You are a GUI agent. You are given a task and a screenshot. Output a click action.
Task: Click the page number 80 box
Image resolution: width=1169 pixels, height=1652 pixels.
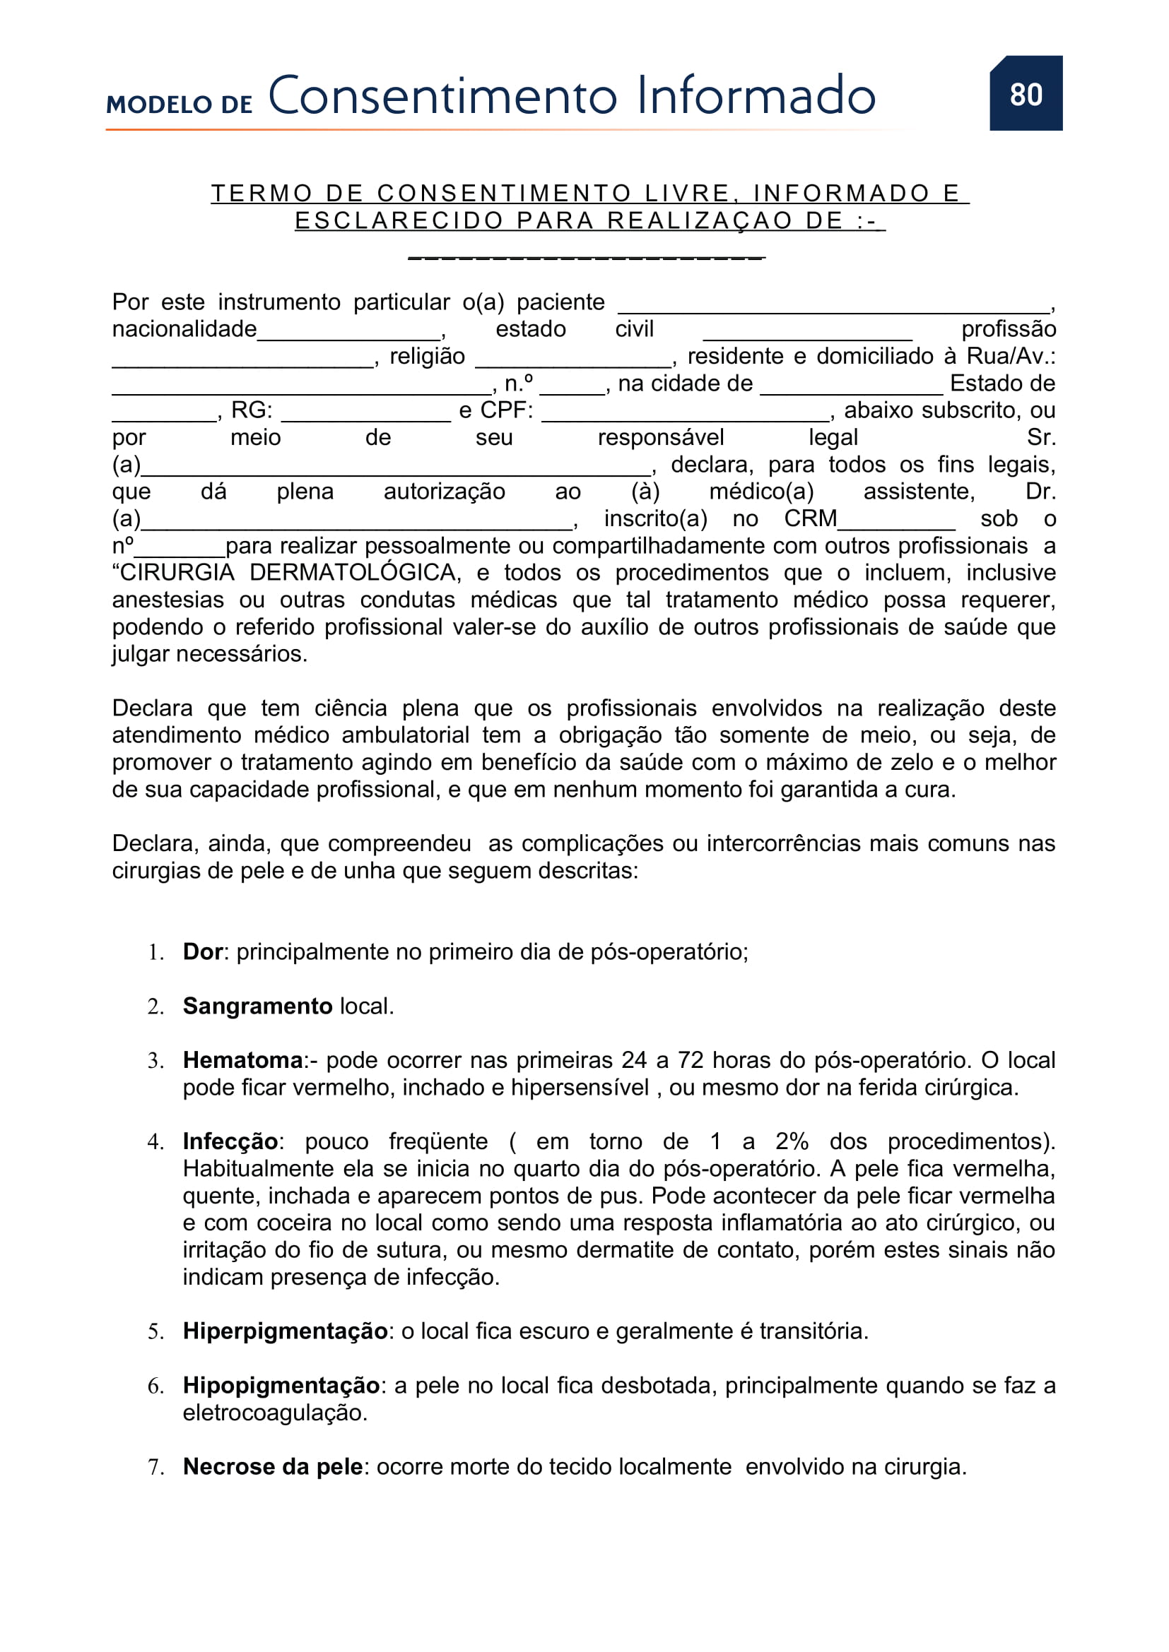click(x=1025, y=93)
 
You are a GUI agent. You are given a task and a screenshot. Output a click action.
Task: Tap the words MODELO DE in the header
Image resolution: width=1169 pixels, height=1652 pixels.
click(x=180, y=105)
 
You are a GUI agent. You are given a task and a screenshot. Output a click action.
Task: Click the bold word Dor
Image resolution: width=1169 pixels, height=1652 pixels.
click(x=203, y=952)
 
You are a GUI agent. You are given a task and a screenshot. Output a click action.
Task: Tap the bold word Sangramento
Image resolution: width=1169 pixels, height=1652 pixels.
click(x=257, y=1006)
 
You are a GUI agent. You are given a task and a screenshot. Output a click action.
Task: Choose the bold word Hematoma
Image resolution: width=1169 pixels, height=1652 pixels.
click(x=242, y=1060)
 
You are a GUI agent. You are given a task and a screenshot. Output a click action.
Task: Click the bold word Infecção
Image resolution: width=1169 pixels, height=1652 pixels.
click(x=230, y=1141)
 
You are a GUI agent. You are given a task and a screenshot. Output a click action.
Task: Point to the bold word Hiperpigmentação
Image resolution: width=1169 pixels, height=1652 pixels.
click(x=285, y=1331)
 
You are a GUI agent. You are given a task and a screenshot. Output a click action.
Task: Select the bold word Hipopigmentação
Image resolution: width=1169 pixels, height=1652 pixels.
click(x=281, y=1385)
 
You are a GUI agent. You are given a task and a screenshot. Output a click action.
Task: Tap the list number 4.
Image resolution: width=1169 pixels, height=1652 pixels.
click(x=155, y=1142)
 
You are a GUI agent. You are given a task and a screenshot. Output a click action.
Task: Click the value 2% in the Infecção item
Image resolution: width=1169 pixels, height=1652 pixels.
click(x=792, y=1141)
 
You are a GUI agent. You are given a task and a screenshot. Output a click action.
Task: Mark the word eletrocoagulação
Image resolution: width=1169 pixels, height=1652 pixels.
click(x=275, y=1413)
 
